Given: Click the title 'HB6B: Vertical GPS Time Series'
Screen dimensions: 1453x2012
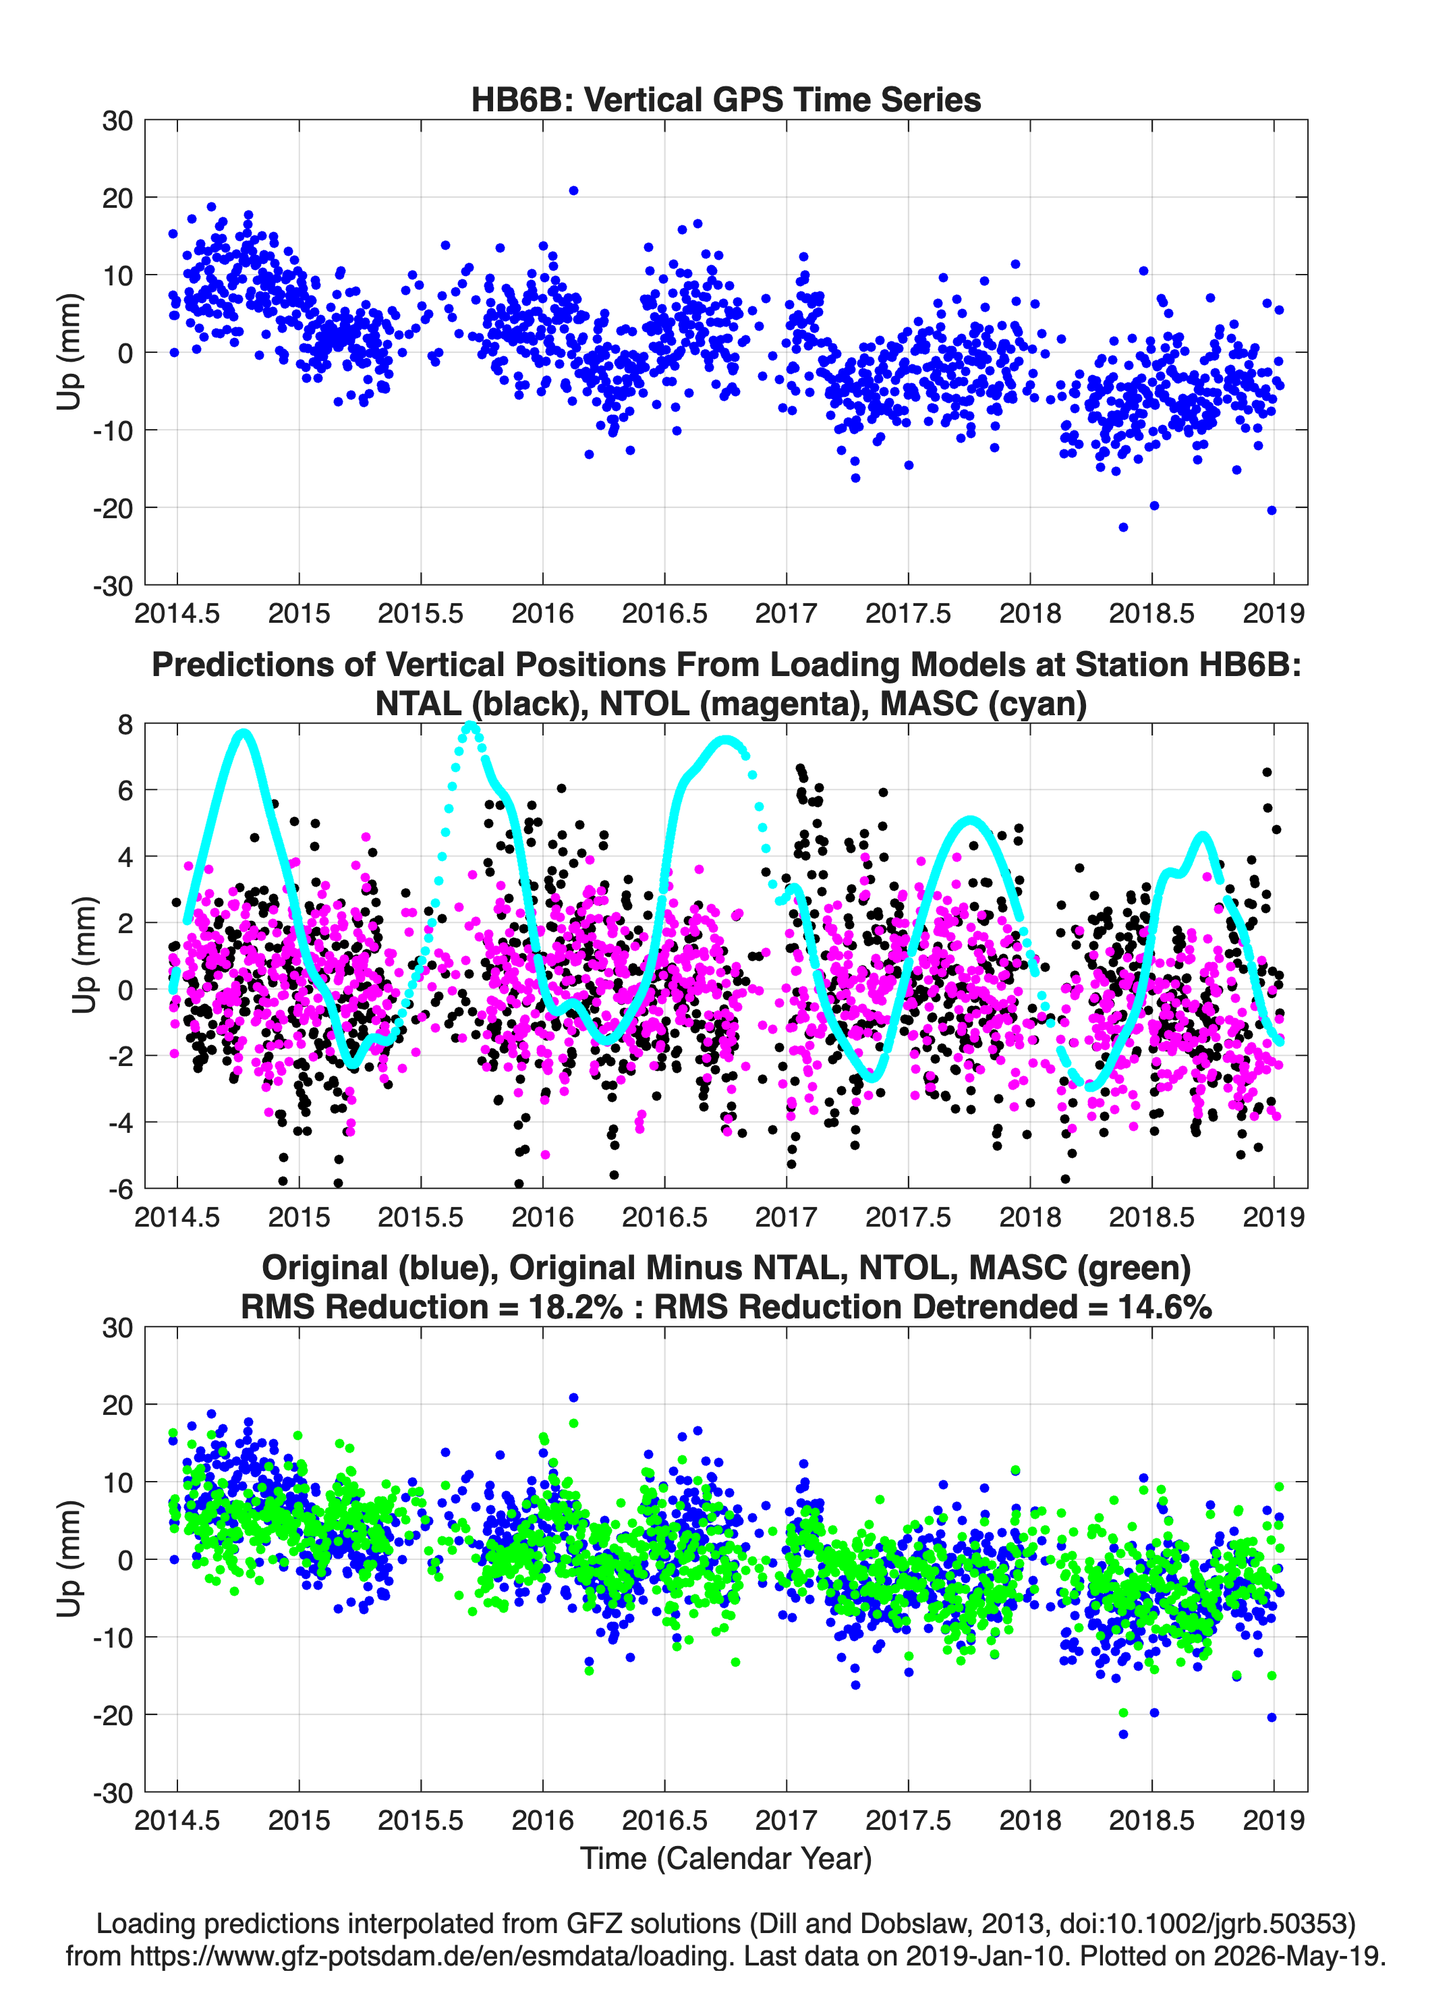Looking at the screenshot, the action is click(x=726, y=99).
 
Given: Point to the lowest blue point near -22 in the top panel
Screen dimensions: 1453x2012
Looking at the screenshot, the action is click(x=1123, y=527).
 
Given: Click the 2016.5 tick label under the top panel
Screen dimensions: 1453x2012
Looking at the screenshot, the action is click(x=664, y=613).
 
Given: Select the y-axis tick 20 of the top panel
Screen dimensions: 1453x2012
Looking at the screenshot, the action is click(x=117, y=198).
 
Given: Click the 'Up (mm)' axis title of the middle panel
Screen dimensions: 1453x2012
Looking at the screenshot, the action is click(x=84, y=955).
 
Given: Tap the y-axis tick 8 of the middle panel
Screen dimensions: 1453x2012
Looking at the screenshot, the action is click(x=125, y=725).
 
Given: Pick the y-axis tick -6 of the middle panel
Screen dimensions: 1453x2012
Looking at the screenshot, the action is click(x=120, y=1189).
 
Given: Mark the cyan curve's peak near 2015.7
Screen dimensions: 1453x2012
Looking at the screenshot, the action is click(x=470, y=727).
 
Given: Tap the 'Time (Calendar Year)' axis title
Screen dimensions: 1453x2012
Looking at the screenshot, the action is click(x=726, y=1857).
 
